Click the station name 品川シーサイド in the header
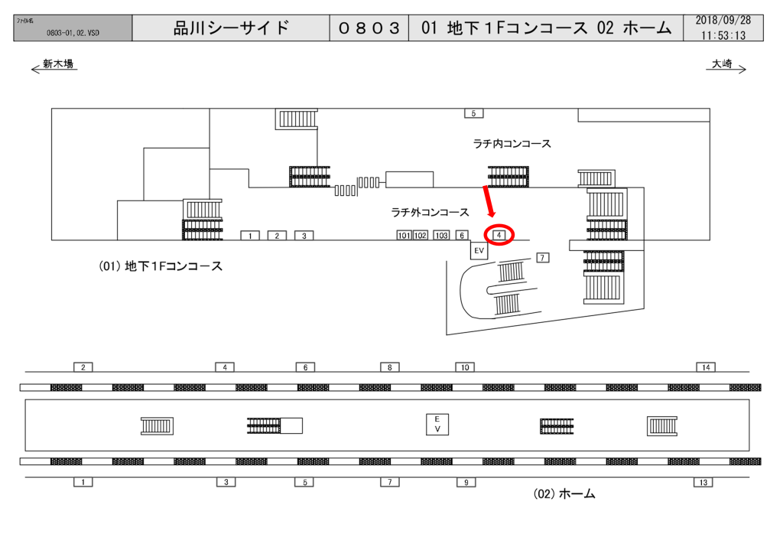coord(232,28)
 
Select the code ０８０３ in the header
coord(369,28)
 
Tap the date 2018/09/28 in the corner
coord(723,21)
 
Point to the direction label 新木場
coord(58,64)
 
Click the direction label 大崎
coord(722,64)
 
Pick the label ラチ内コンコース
coord(512,144)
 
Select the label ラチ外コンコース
coord(430,213)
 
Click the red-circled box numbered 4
coord(499,235)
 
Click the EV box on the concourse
coord(479,250)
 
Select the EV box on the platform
coord(437,424)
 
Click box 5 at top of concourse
coord(473,113)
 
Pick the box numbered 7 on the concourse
coord(542,258)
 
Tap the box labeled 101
coord(404,235)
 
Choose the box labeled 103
coord(441,235)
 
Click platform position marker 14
coord(706,367)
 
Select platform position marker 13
coord(703,482)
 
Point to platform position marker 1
coord(83,482)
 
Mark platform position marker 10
coord(465,367)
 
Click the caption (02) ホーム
coord(564,494)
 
